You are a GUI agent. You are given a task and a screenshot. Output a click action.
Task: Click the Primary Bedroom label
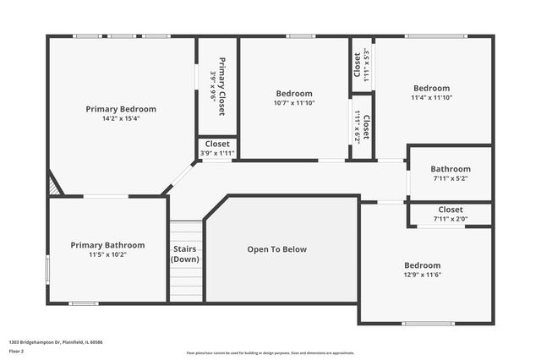[x=121, y=109]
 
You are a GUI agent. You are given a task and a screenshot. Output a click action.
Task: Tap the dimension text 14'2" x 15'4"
[x=121, y=119]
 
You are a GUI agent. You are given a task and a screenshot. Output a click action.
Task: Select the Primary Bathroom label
[x=107, y=245]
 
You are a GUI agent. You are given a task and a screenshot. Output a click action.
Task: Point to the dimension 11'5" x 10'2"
[x=107, y=254]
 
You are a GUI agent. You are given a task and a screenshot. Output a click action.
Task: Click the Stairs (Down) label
[x=185, y=254]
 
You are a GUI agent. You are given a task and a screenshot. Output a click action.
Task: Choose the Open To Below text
[x=276, y=249]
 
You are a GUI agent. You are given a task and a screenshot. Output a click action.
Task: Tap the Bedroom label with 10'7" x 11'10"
[x=294, y=93]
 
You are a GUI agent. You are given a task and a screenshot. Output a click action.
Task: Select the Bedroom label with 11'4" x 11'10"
[x=431, y=88]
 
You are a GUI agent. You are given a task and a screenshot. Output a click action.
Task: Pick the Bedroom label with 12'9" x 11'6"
[x=423, y=265]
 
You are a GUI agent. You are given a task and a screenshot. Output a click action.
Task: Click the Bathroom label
[x=451, y=168]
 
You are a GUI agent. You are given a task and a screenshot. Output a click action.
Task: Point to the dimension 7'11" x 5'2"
[x=451, y=178]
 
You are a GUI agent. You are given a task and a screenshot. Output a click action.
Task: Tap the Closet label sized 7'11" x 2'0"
[x=451, y=210]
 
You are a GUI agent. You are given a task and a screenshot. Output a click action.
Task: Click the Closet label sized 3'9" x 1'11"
[x=217, y=144]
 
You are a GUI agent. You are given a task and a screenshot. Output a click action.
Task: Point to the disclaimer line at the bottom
[x=270, y=352]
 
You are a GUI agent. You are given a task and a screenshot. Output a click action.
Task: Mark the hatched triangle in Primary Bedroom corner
[x=54, y=185]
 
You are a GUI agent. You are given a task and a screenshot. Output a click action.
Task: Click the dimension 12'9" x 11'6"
[x=423, y=275]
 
